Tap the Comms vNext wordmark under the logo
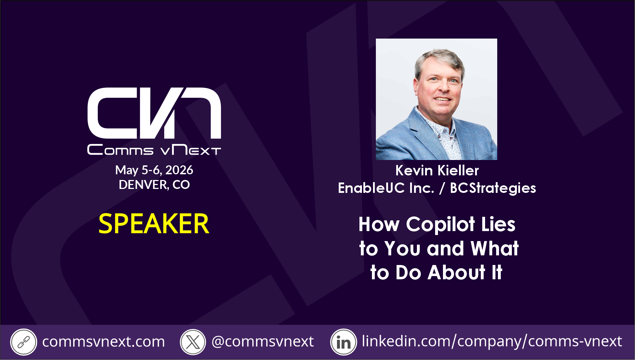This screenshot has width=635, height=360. tap(154, 150)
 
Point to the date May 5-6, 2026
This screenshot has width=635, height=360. tap(154, 170)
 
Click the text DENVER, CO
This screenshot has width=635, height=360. tap(154, 185)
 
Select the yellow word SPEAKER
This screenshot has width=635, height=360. tap(154, 224)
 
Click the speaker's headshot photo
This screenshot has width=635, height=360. tap(436, 99)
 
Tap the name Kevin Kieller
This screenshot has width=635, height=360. tap(437, 170)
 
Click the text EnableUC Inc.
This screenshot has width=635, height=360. tap(386, 188)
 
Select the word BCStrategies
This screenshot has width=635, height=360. tap(493, 188)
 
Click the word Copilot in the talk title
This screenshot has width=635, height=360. tap(440, 225)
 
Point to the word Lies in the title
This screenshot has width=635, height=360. tap(498, 224)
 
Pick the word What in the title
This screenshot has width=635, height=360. tap(495, 248)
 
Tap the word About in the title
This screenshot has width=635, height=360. tap(457, 272)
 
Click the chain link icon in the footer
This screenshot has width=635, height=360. tap(24, 342)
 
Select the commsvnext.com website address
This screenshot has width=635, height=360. tap(104, 342)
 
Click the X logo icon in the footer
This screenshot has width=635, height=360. tap(193, 342)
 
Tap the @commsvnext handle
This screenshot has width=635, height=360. tap(263, 342)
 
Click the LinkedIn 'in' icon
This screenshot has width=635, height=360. tap(343, 342)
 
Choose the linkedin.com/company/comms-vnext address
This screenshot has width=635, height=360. tap(492, 341)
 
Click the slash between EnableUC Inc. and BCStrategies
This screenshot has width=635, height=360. tap(442, 188)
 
